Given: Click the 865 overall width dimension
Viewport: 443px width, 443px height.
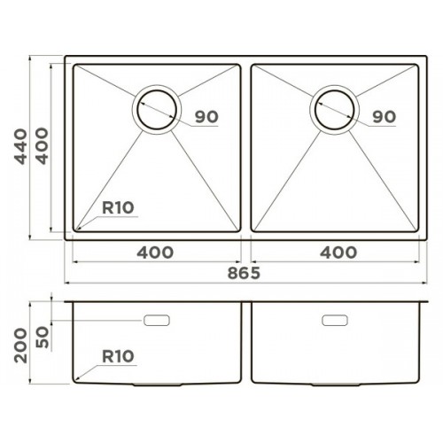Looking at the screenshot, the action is [x=244, y=273].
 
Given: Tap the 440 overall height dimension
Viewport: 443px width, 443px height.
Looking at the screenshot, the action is [x=21, y=146].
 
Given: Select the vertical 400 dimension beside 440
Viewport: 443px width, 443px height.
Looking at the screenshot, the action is [x=42, y=146].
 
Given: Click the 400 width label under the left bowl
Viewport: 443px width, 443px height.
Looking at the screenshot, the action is [x=155, y=253].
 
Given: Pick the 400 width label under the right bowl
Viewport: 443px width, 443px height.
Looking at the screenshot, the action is [x=338, y=253].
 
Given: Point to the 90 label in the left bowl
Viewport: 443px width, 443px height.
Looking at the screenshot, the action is [x=206, y=117].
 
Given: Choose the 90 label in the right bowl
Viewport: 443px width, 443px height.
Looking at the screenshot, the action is [x=385, y=117].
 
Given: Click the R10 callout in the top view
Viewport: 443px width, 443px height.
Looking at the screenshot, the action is [x=118, y=207].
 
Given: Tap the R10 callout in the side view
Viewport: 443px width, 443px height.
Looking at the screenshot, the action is [x=118, y=356].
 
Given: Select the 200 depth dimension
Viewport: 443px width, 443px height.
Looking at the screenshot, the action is [x=21, y=346].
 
